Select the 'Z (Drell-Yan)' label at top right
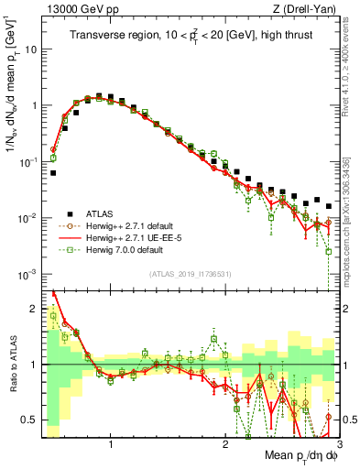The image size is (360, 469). click(x=309, y=8)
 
